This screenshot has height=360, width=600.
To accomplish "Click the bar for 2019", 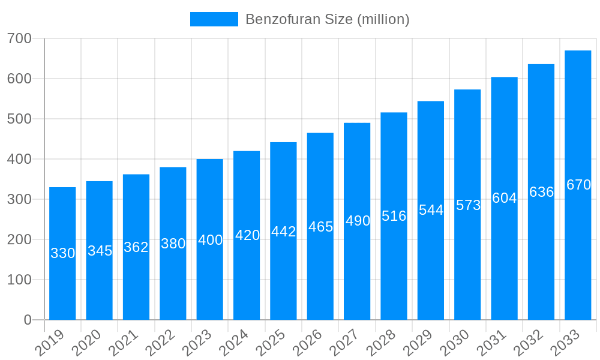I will click(62, 253).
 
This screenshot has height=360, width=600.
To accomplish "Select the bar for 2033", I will click(578, 185).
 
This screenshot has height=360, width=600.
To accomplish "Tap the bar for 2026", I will click(320, 226).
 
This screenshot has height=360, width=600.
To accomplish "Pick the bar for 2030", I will click(467, 205).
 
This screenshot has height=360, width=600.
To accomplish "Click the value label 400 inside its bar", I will click(210, 240).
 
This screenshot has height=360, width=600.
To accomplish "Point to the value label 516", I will click(394, 216).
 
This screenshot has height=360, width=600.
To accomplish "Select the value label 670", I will click(578, 185).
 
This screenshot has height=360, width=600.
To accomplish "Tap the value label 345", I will click(100, 251).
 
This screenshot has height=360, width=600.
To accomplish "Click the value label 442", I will click(283, 232).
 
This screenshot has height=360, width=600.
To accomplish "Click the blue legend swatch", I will click(214, 19).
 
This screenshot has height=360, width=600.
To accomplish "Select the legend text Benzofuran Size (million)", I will click(327, 19).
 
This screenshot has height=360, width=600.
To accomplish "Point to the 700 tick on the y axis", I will click(19, 38).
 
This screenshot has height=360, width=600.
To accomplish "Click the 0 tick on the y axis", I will click(28, 320).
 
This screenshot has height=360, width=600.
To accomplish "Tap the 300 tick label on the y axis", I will click(19, 199).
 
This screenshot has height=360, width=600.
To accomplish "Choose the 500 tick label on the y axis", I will click(19, 119).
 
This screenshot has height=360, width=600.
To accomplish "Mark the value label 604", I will click(504, 198).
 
